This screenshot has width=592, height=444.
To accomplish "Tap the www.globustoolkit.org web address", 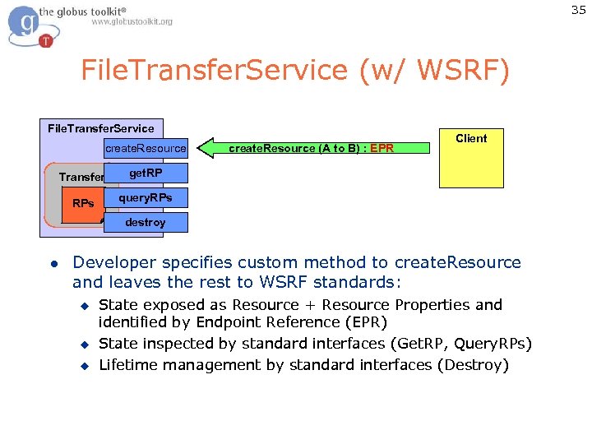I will [132, 22].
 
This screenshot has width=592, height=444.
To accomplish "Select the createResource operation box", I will [146, 148].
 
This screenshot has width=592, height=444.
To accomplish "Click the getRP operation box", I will [146, 173].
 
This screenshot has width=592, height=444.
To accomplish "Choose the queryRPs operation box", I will [146, 198].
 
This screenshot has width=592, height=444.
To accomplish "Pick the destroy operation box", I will [146, 222].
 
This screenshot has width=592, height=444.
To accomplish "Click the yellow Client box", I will [470, 159].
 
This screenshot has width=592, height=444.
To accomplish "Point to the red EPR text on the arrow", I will [382, 149].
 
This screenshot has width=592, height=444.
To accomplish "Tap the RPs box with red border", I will [82, 203].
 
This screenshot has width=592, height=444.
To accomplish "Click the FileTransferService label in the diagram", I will [101, 128].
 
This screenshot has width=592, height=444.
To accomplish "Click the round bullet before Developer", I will [52, 264].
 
